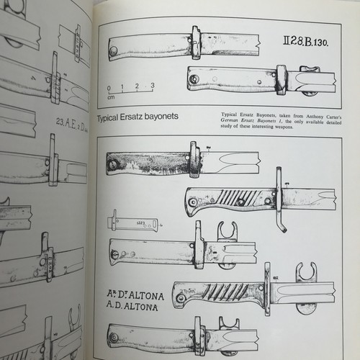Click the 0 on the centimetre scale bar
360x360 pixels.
(x=109, y=87)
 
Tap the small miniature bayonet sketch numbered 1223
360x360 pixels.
(x=132, y=223)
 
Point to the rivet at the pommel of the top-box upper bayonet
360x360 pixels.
(x=114, y=50)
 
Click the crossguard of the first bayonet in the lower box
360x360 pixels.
(x=194, y=160)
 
